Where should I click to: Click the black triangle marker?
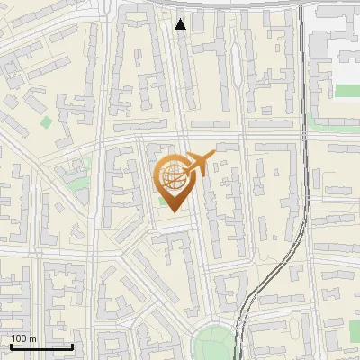coord(181,24)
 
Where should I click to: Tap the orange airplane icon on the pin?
coord(196,165)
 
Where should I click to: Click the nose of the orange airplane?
coord(213,154)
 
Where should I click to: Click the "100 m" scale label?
coord(23,338)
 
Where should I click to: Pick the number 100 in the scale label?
coord(19,338)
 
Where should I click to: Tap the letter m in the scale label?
coord(32,338)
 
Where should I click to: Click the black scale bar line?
coord(41,346)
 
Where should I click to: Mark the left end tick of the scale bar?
coord(11,344)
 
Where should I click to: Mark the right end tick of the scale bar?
coord(72,344)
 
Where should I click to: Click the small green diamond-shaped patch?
coord(46,121)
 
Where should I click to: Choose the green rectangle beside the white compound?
coord(346,90)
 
